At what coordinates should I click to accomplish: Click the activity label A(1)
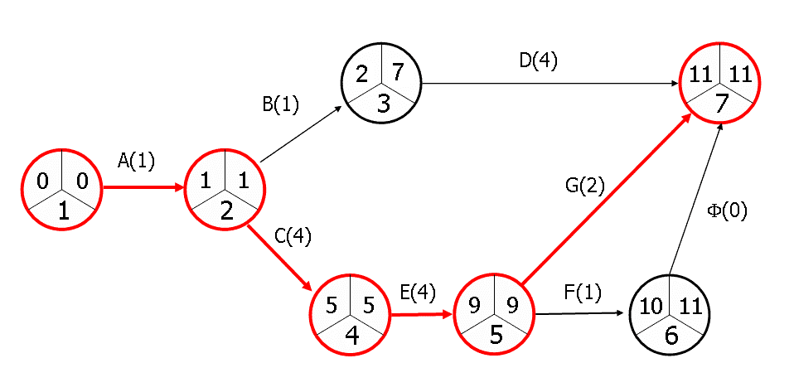[136, 162]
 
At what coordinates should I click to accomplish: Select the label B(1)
[279, 105]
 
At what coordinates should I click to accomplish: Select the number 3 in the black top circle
[382, 103]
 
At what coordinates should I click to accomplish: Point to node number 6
[670, 336]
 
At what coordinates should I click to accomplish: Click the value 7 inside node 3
[398, 72]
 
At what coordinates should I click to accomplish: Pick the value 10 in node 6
[651, 305]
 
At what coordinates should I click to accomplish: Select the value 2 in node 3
[363, 74]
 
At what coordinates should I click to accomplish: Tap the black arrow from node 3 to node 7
[547, 83]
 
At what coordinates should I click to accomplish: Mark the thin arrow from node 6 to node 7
[696, 199]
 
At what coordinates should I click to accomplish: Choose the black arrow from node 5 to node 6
[580, 314]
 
